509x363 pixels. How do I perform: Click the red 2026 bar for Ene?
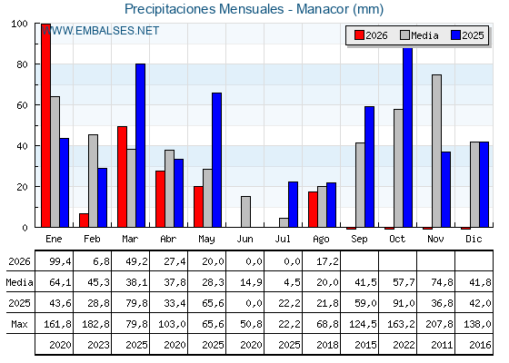click(45, 125)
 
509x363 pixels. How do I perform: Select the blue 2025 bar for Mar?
click(141, 145)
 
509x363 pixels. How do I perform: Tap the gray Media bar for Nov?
click(436, 151)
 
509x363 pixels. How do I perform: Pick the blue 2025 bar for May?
click(217, 160)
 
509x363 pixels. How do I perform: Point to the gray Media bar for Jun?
click(245, 211)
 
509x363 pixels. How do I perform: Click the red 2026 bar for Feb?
click(84, 221)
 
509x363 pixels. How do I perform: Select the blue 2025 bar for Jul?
click(293, 204)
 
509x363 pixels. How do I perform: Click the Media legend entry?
click(419, 35)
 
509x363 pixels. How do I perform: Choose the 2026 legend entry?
click(371, 35)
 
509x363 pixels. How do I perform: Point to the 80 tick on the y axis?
click(23, 64)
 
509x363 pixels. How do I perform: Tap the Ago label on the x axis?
click(321, 240)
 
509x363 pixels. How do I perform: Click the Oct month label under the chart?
click(397, 239)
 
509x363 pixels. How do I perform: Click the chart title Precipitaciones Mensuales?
click(205, 9)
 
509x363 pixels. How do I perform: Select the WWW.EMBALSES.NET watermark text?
click(100, 31)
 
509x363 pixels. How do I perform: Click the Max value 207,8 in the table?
click(439, 324)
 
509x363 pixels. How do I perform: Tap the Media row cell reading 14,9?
click(251, 282)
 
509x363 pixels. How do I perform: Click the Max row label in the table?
click(19, 324)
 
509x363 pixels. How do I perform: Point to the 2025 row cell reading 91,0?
click(404, 303)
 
